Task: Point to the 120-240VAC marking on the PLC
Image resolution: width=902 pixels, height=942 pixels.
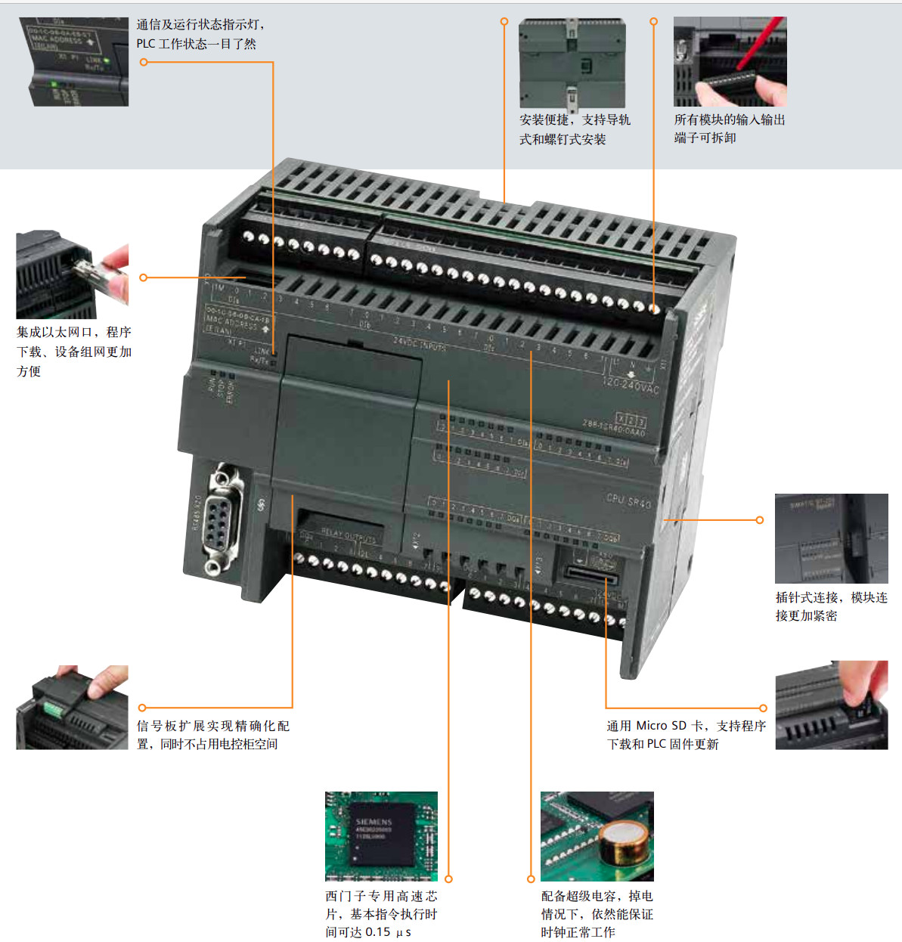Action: [x=631, y=386]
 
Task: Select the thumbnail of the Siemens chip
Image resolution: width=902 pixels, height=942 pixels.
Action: [x=381, y=835]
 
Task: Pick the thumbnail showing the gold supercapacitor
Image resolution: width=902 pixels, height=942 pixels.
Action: [x=597, y=835]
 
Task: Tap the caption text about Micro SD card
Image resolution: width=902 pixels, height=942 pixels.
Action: [x=686, y=735]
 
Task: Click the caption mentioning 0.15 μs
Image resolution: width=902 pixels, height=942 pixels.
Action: [x=381, y=914]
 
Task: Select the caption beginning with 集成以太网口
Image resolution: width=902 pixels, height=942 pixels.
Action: [x=74, y=352]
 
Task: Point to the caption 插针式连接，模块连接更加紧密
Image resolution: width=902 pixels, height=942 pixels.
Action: [x=831, y=606]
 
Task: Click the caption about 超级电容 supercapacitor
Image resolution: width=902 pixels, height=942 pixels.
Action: [x=597, y=914]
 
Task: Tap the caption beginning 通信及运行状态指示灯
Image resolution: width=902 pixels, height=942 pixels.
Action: [x=200, y=34]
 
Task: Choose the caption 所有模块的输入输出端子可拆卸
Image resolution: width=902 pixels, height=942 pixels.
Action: [x=729, y=129]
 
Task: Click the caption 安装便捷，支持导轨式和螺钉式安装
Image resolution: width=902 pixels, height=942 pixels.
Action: [x=574, y=129]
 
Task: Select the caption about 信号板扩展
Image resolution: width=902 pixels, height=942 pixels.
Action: [x=212, y=735]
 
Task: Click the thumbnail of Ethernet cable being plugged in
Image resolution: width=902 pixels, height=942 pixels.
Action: [x=73, y=275]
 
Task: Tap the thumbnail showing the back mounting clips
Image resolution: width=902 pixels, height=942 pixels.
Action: [x=572, y=64]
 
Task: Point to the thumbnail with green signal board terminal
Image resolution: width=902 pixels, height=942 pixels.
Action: [x=72, y=708]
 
